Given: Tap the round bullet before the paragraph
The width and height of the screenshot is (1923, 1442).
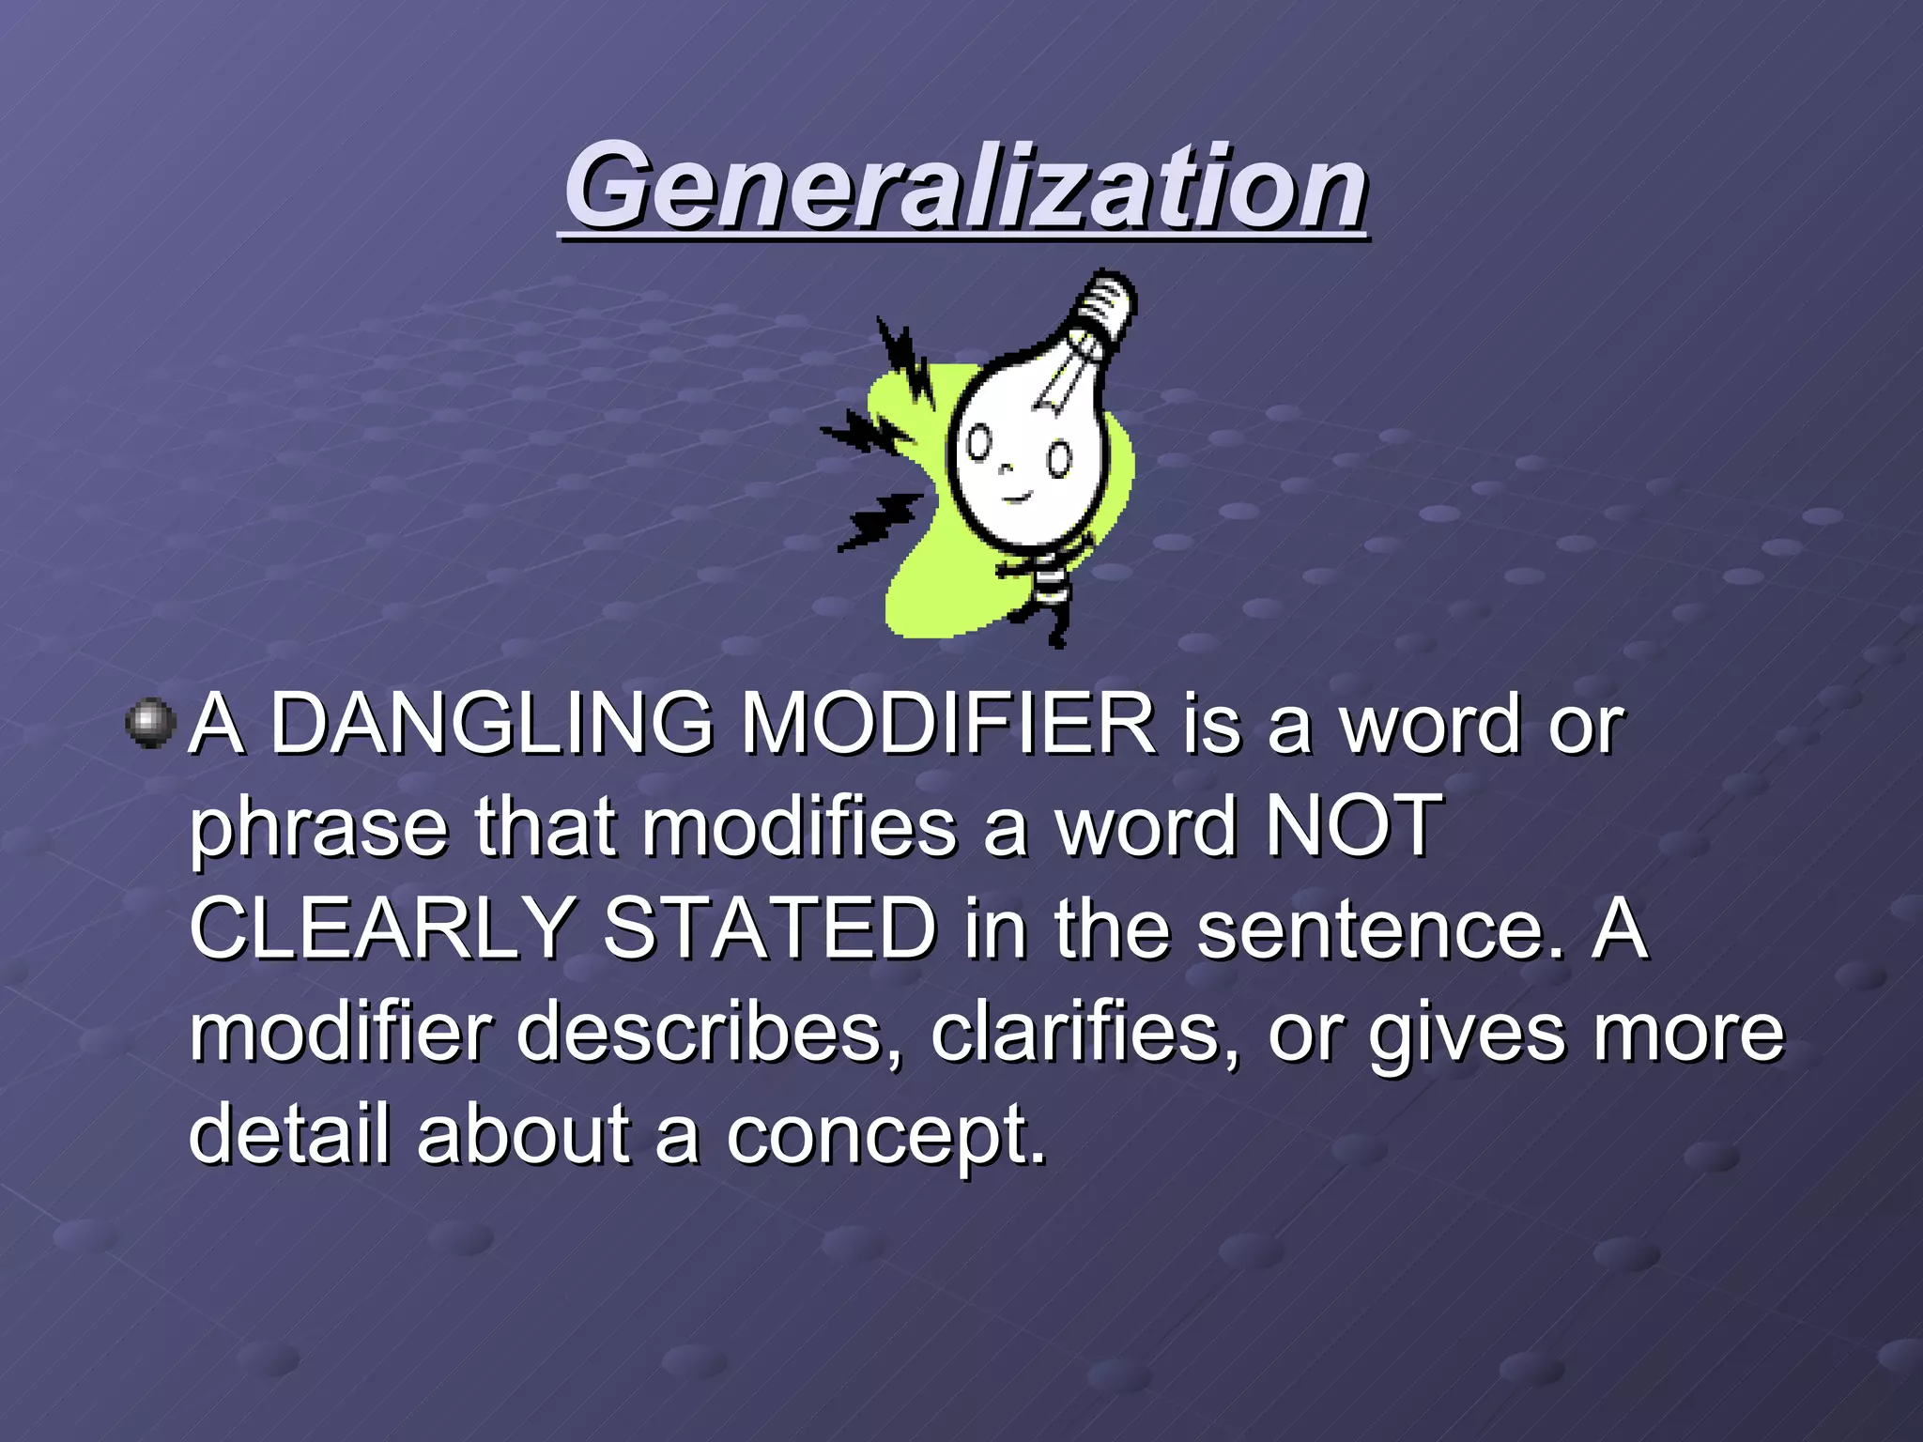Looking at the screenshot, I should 150,724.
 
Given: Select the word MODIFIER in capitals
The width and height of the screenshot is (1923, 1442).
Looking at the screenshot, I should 948,724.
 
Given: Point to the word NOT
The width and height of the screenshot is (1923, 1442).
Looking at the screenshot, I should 1353,826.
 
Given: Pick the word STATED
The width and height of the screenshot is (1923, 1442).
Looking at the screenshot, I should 769,928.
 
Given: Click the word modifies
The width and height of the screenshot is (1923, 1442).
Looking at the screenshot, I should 799,826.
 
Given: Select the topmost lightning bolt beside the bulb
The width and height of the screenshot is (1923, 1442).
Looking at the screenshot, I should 903,358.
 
